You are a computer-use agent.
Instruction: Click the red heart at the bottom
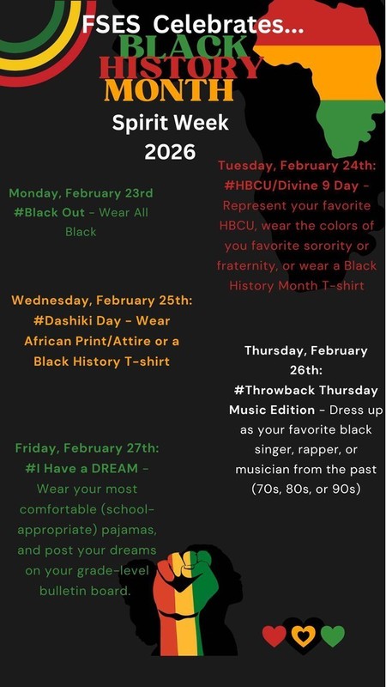(274, 635)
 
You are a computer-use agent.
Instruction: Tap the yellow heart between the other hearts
(303, 635)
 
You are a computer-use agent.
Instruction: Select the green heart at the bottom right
(332, 635)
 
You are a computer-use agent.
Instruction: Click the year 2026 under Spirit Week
(170, 151)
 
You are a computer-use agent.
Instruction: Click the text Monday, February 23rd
(81, 192)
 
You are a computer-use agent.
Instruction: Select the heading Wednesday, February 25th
(102, 301)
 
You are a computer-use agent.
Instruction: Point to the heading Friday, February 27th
(87, 448)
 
